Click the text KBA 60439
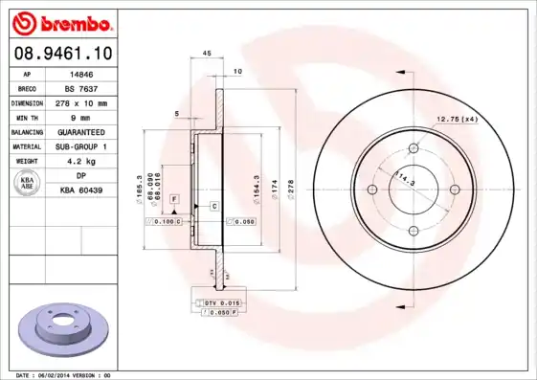coord(81,190)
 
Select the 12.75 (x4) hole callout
coord(457,119)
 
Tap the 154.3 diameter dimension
coord(257,183)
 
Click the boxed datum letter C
coord(213,207)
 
